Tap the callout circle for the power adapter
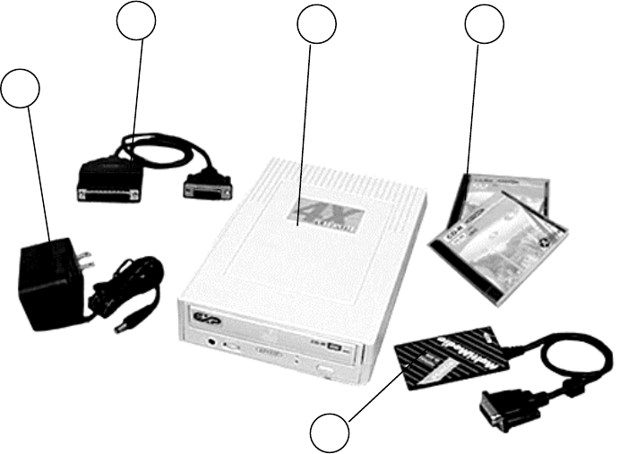(21, 90)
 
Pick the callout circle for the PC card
(331, 432)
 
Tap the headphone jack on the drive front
(212, 340)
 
